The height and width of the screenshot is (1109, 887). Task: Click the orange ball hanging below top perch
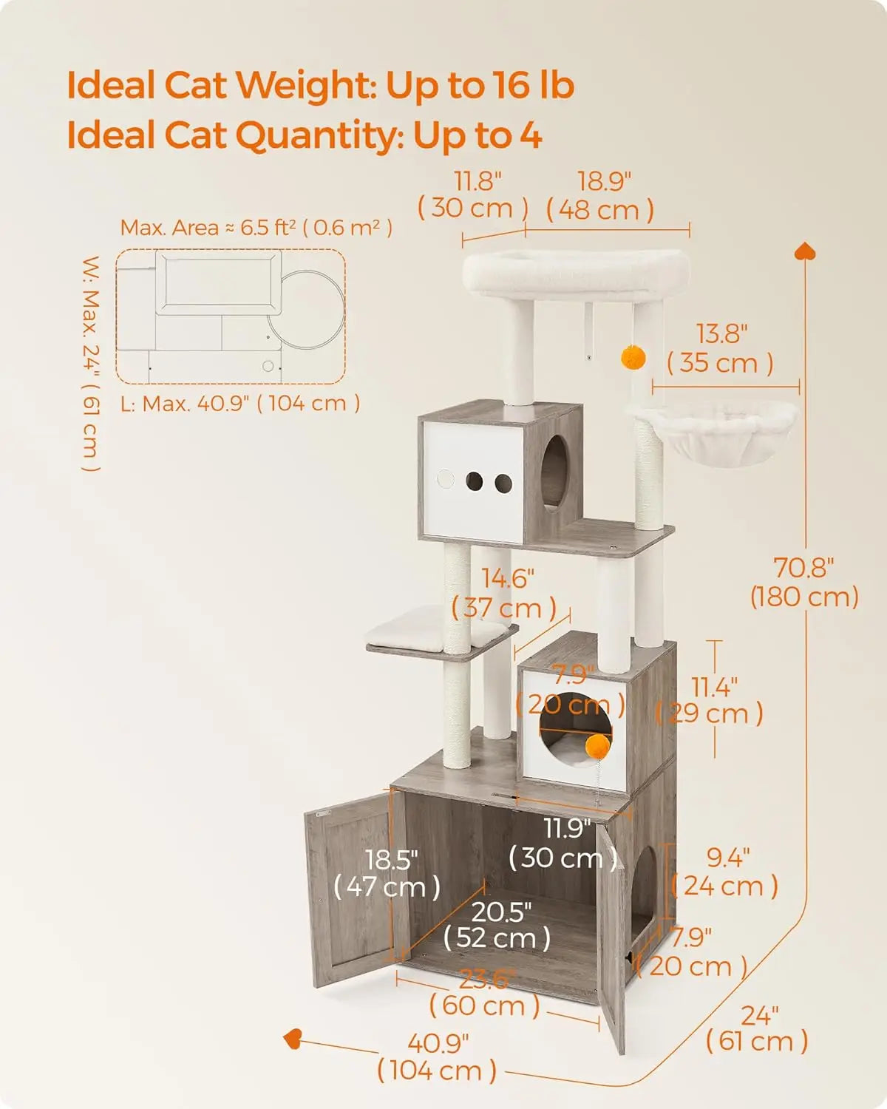(x=633, y=359)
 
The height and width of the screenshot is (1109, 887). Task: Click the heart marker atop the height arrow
(x=805, y=251)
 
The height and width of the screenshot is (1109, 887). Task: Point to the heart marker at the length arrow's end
(x=293, y=1039)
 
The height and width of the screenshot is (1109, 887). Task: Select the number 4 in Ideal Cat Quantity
(x=530, y=135)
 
